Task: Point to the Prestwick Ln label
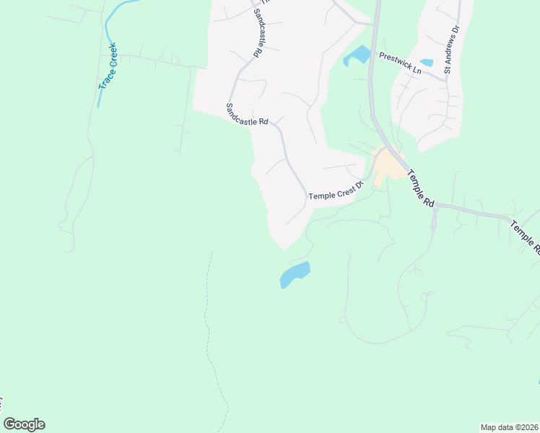click(x=400, y=63)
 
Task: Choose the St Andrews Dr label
click(x=452, y=51)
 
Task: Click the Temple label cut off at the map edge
click(x=526, y=237)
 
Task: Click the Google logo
click(x=25, y=424)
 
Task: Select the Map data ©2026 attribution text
click(x=508, y=427)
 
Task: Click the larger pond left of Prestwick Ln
click(x=357, y=55)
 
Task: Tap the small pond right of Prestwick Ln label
click(x=427, y=63)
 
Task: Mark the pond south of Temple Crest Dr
click(x=295, y=274)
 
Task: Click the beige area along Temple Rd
click(x=388, y=165)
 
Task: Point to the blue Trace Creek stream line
click(x=109, y=29)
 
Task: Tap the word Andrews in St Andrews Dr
click(x=452, y=48)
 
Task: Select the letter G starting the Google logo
click(x=10, y=424)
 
